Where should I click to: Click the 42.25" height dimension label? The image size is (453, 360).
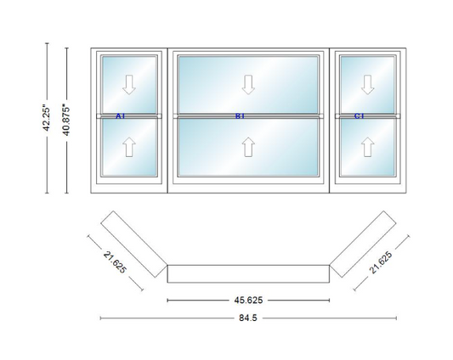47,119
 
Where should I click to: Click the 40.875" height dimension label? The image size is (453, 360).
66,121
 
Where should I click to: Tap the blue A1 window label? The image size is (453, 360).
120,116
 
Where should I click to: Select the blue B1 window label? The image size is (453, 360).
240,116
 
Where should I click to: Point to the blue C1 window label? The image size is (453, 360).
360,116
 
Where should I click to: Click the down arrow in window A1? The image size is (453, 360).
129,85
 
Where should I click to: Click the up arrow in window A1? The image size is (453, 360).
129,147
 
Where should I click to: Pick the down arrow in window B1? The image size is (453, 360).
248,85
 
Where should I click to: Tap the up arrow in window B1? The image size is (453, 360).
248,147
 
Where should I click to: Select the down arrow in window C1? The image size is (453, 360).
367,85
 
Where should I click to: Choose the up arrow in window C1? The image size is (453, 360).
367,147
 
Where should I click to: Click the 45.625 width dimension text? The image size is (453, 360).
248,301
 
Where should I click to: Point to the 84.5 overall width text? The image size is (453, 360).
248,318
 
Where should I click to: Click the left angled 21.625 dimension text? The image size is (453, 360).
115,262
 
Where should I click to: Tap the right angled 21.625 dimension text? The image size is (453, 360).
381,262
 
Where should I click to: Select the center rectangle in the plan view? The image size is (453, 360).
248,273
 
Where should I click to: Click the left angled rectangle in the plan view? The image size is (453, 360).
134,245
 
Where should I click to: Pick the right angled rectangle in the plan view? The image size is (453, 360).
363,245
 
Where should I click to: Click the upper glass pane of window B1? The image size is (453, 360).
248,84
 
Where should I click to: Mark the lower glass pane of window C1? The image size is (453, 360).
367,147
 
